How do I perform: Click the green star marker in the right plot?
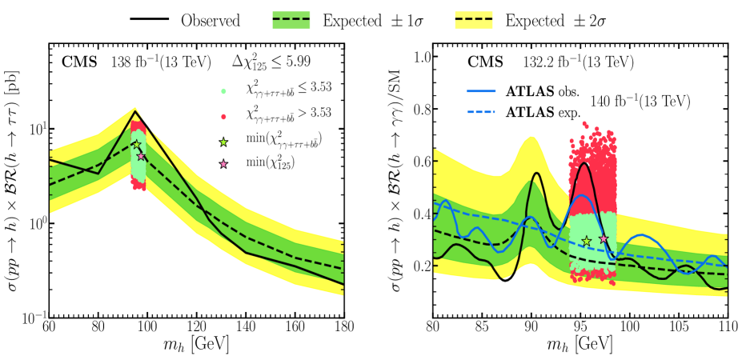587,241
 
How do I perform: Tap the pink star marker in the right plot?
604,238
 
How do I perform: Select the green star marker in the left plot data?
136,145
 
